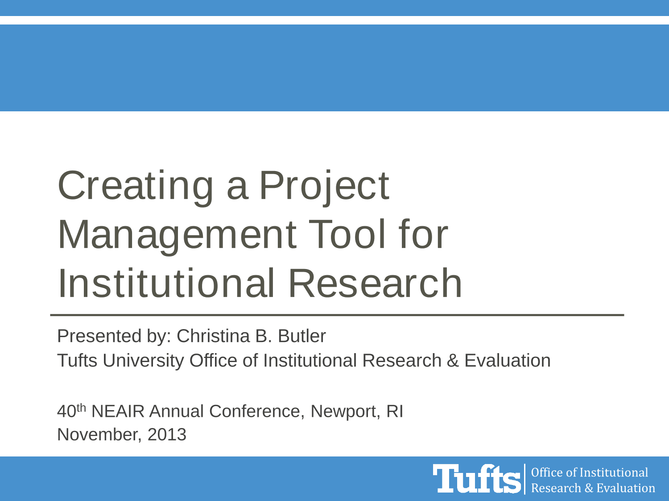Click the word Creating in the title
(x=135, y=187)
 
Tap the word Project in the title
(x=324, y=187)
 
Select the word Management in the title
(x=177, y=236)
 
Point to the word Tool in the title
(x=347, y=234)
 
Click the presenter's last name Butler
(x=302, y=336)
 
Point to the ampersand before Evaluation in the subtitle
(x=453, y=361)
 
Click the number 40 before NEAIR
(x=66, y=411)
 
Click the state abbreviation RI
(x=395, y=411)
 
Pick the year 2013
(x=167, y=434)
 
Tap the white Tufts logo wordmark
(x=477, y=479)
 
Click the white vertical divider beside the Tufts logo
(x=524, y=479)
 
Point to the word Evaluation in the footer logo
(x=626, y=488)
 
